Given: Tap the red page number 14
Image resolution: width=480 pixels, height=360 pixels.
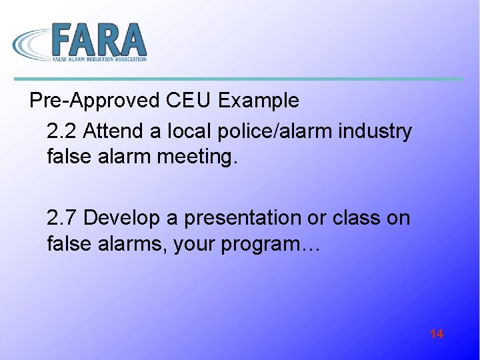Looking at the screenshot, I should [x=437, y=334].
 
